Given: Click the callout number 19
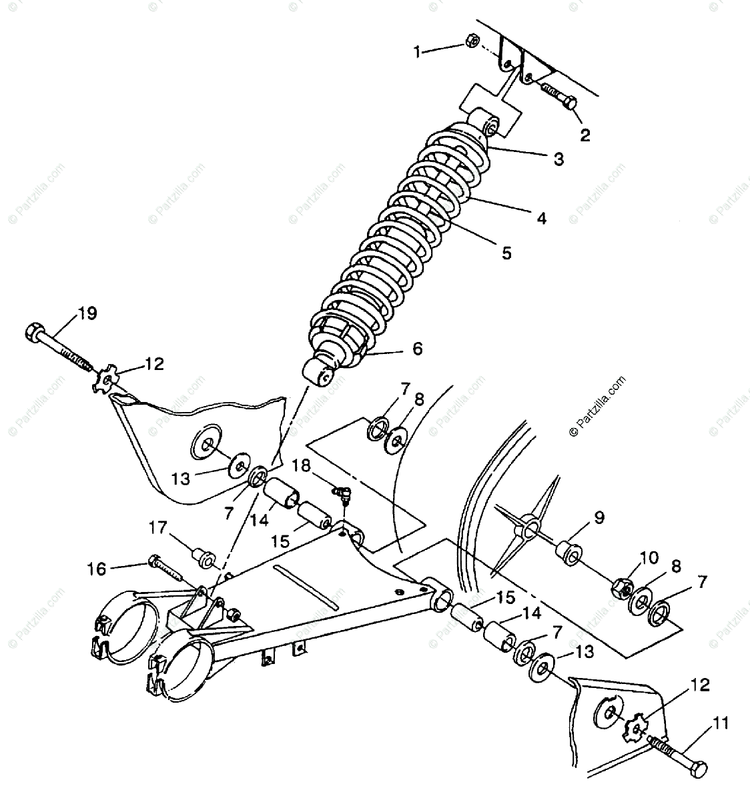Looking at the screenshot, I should tap(87, 313).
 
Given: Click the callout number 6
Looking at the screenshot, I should tap(418, 349).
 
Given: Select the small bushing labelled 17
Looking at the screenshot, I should tap(203, 557).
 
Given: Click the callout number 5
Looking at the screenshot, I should tap(506, 253).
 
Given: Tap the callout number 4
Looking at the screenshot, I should tap(541, 218).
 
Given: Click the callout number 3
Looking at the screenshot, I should tap(558, 159).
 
